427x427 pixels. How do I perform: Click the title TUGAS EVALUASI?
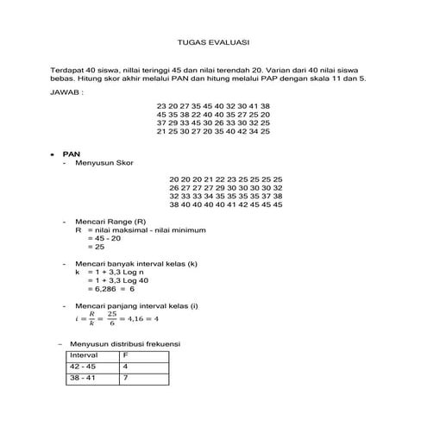(x=213, y=41)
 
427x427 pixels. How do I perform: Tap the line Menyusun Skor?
(x=108, y=161)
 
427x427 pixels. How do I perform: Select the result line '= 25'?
(x=96, y=247)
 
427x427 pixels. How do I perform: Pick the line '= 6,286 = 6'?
(x=111, y=288)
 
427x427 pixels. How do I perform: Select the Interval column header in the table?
(x=85, y=355)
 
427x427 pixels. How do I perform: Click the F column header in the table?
(x=126, y=355)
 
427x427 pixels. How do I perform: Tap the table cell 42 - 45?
(x=85, y=367)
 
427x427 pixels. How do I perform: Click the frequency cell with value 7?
(x=126, y=378)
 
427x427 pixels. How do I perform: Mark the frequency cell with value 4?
(x=126, y=367)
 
